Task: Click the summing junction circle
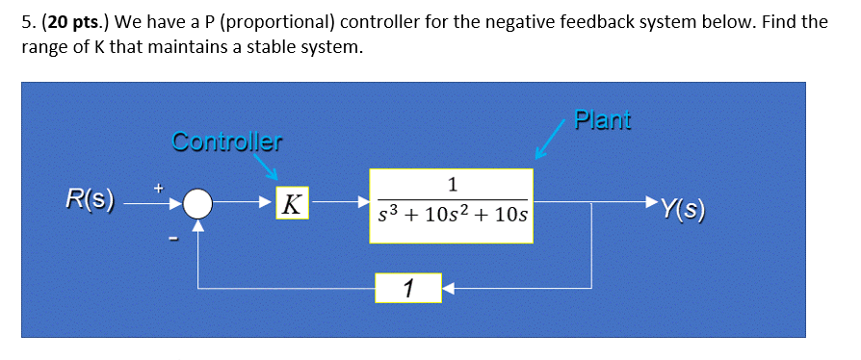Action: click(197, 204)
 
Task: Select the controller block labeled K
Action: click(291, 204)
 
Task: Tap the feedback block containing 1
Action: click(408, 287)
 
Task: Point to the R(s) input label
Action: click(90, 200)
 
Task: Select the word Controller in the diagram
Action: click(227, 142)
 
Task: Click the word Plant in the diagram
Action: click(602, 120)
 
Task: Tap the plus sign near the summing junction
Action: click(162, 183)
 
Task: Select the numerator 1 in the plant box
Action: click(452, 185)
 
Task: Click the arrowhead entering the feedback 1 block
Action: click(447, 287)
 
